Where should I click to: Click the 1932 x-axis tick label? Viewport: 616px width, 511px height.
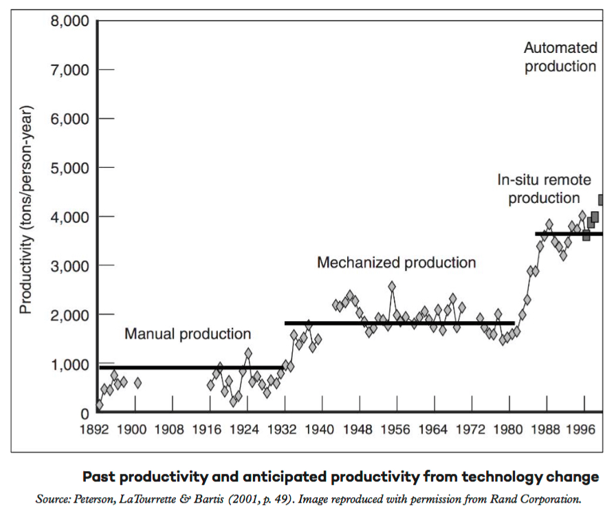(283, 429)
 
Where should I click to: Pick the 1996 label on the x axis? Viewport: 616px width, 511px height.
(584, 429)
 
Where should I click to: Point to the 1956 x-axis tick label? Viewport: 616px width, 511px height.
(396, 429)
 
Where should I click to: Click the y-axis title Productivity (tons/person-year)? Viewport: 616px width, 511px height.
(26, 210)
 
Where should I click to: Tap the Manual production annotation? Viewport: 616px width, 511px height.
(188, 334)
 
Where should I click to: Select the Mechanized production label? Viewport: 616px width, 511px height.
(396, 263)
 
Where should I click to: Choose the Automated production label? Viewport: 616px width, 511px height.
(560, 57)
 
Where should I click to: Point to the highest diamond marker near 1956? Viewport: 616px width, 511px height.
(392, 286)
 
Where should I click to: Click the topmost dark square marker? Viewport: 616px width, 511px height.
(603, 200)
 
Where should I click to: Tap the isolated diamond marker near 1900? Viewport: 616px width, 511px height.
(137, 382)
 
